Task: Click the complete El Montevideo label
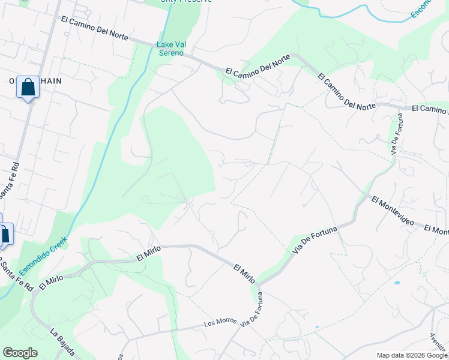click(x=392, y=211)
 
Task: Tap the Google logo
click(x=20, y=353)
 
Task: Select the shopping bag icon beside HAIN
click(x=28, y=88)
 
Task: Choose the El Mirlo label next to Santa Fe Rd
click(x=51, y=280)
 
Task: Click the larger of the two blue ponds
click(x=397, y=282)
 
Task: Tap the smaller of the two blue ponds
click(x=316, y=328)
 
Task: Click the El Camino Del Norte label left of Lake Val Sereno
click(x=94, y=27)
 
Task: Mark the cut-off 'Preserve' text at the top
click(x=186, y=2)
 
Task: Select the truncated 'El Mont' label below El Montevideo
click(x=436, y=230)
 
